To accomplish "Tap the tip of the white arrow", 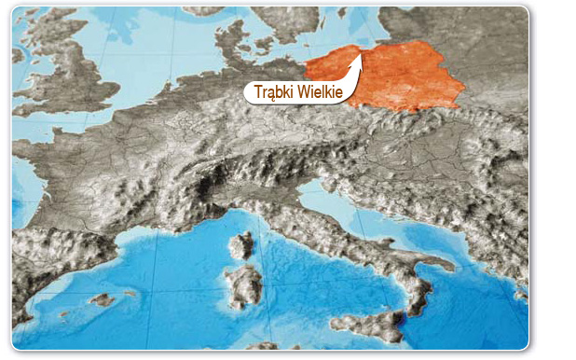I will tap(363, 50).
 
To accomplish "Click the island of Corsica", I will tap(241, 246).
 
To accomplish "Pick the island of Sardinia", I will tap(244, 285).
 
